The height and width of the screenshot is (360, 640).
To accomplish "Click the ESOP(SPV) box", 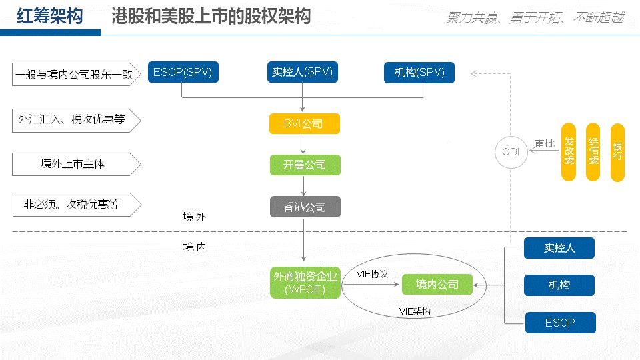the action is tap(183, 73).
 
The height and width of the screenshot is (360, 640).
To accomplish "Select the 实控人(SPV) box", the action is tap(303, 72).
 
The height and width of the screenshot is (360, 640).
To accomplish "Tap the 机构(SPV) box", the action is tap(419, 73).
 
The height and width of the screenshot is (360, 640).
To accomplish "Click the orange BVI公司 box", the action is tap(304, 124).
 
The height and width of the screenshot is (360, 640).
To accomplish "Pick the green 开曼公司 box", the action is tap(305, 165).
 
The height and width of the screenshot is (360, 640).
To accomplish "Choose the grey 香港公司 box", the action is tap(305, 207).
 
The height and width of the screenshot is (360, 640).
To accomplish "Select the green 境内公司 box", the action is tap(437, 285).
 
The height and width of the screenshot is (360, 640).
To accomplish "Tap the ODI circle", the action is tap(511, 152).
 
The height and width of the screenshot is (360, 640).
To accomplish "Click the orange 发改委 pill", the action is tap(568, 152).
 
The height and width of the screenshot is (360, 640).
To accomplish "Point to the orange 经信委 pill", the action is tap(593, 152).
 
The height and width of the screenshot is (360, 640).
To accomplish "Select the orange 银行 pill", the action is tap(617, 152).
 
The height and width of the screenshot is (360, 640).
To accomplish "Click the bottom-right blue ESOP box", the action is tap(560, 323).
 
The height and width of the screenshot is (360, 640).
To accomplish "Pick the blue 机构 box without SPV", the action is tap(559, 285).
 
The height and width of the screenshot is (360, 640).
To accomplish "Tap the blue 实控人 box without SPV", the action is tap(559, 249).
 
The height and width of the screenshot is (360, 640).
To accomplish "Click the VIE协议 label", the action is tap(372, 274).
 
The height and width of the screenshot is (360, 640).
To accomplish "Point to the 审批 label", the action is tap(544, 143).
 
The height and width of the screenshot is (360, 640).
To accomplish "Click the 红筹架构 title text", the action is tap(50, 17).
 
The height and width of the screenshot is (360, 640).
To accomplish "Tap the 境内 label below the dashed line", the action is tap(195, 247).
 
